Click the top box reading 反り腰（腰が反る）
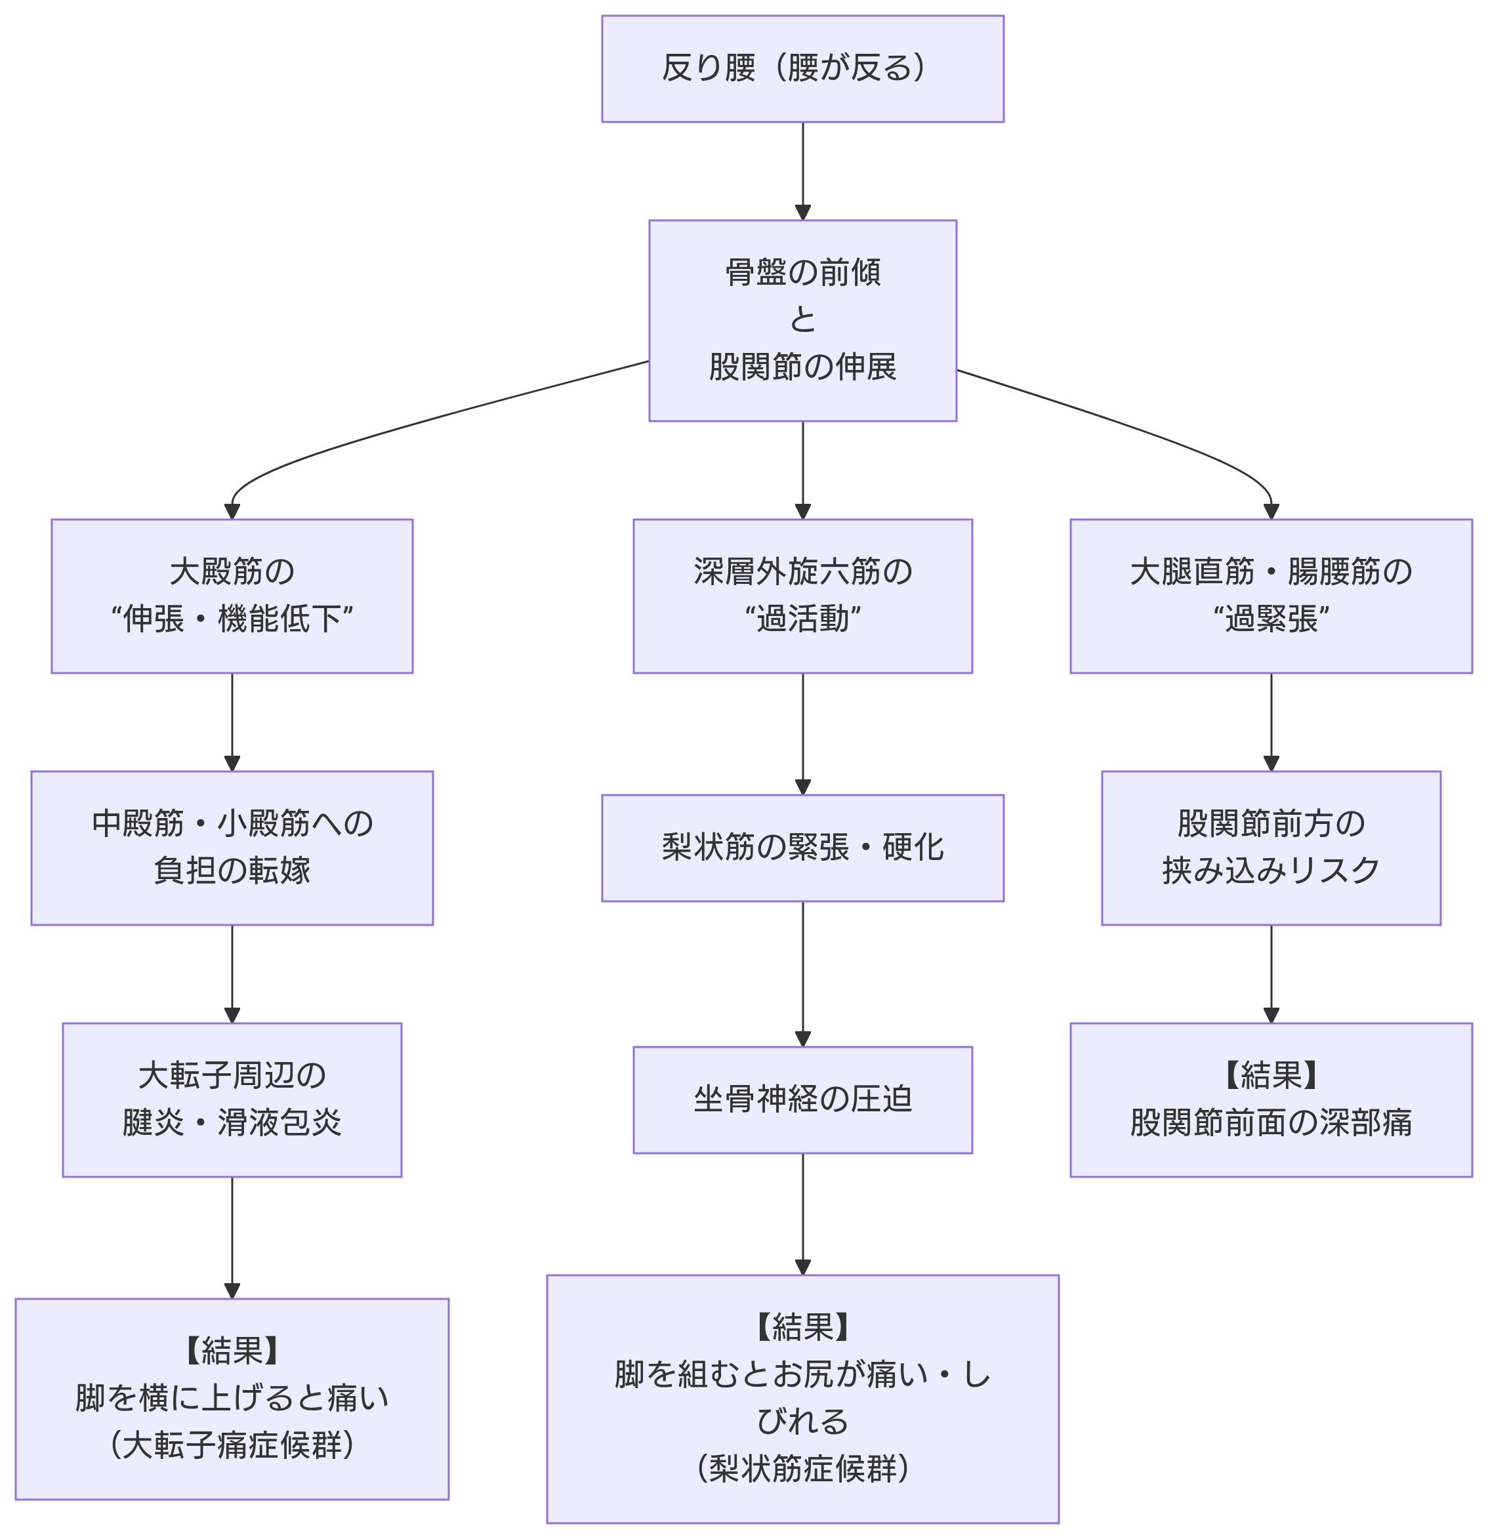[x=802, y=68]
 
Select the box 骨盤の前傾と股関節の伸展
[x=802, y=320]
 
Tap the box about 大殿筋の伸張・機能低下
[x=232, y=596]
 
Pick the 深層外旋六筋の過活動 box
[x=802, y=596]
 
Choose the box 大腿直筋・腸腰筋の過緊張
[x=1270, y=596]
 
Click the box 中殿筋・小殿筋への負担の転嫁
[x=232, y=848]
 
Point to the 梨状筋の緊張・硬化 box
[x=802, y=848]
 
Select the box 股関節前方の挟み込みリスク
[x=1270, y=848]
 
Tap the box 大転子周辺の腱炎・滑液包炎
[x=232, y=1099]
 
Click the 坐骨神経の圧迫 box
[x=802, y=1099]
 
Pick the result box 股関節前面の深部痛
[x=1270, y=1099]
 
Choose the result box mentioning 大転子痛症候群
[x=232, y=1399]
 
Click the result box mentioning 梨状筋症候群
[x=802, y=1399]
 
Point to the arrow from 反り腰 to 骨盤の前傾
[x=802, y=171]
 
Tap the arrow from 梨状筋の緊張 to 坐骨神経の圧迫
[x=802, y=974]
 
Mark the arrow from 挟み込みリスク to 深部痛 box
[x=1270, y=974]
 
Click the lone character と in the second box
[x=802, y=319]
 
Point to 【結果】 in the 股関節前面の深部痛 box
[x=1270, y=1076]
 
